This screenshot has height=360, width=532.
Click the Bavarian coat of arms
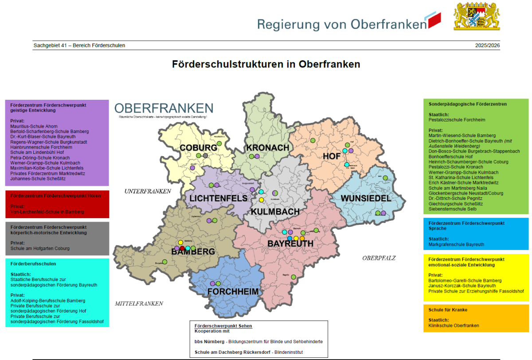(477, 16)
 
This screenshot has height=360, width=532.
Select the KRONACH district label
(267, 148)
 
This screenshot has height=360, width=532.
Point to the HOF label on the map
(332, 157)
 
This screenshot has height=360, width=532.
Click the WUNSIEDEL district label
(366, 198)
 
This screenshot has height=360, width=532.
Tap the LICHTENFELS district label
(219, 198)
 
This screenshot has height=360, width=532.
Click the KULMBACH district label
(275, 212)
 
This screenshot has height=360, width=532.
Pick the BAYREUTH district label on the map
(290, 244)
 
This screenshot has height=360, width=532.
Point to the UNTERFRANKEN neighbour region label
(148, 192)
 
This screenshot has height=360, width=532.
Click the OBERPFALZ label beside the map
(379, 258)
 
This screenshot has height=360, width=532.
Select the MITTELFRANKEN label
(139, 304)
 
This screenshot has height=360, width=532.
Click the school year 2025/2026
(487, 46)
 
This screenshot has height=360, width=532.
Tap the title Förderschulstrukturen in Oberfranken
(266, 64)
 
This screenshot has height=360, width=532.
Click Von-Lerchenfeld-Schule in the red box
(47, 212)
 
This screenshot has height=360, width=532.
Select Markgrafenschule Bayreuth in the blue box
(456, 244)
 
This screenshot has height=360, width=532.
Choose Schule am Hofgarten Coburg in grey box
(40, 248)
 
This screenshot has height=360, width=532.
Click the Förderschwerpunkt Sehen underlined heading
(223, 326)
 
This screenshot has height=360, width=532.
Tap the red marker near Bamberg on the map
(182, 248)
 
